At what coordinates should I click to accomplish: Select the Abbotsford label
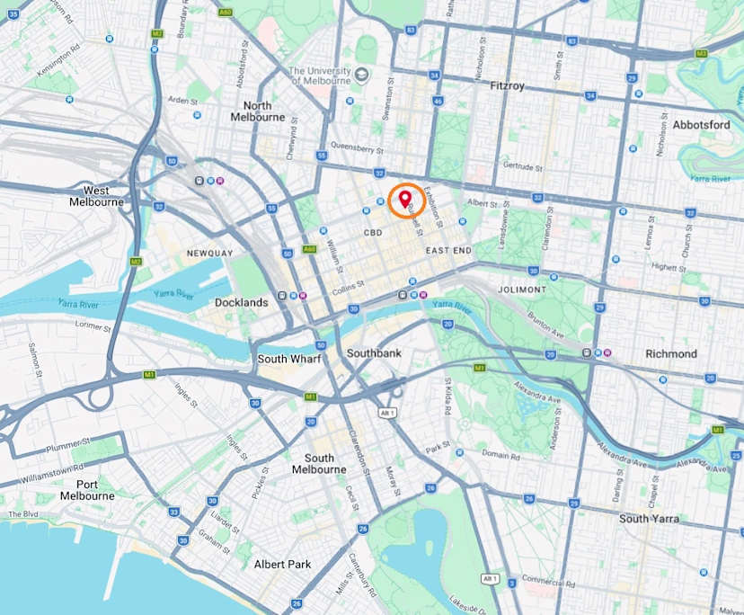(x=701, y=125)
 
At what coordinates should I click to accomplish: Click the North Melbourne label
(x=258, y=111)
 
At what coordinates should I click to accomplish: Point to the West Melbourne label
(x=96, y=196)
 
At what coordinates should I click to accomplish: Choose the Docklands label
(x=241, y=303)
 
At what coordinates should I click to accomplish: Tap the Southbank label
(x=374, y=353)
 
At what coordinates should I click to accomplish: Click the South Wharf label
(x=286, y=359)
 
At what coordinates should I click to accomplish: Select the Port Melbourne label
(x=87, y=489)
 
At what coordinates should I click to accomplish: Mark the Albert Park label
(x=282, y=565)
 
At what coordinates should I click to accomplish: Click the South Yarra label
(x=650, y=519)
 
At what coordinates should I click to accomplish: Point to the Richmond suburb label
(x=670, y=354)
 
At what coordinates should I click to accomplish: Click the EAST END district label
(x=448, y=250)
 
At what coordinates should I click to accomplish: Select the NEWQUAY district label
(x=210, y=254)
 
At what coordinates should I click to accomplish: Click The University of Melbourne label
(x=319, y=75)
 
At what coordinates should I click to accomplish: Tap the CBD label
(x=373, y=233)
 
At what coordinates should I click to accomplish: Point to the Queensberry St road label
(x=358, y=150)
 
